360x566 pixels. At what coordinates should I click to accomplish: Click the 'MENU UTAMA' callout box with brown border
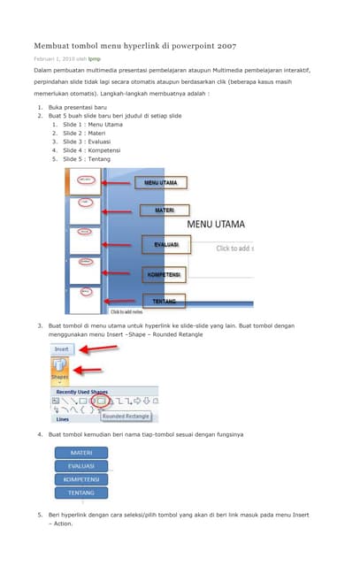click(x=161, y=183)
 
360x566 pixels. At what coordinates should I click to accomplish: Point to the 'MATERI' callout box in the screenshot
click(x=164, y=210)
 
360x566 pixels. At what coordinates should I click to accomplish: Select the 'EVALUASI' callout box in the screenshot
click(x=166, y=244)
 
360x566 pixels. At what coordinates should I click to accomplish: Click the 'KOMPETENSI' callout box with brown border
click(x=164, y=275)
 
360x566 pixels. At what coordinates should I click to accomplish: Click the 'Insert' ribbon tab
click(x=61, y=349)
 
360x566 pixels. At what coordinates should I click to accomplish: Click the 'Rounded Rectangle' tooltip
click(x=126, y=415)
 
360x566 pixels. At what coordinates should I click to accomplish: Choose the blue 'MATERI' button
click(x=81, y=453)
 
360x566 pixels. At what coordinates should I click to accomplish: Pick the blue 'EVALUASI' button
click(x=81, y=466)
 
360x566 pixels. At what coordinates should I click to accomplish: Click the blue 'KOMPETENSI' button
click(x=81, y=479)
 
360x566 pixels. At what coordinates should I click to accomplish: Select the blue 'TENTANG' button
click(x=81, y=493)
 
